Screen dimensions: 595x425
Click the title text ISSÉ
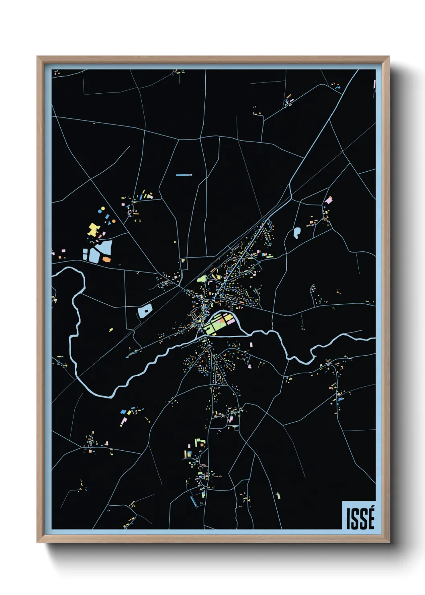[x=360, y=519]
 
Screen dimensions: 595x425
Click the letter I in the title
[x=349, y=519]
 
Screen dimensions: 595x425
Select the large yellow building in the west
[x=93, y=229]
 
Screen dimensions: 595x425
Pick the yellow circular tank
[x=103, y=209]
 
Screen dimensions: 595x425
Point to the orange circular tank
[x=114, y=222]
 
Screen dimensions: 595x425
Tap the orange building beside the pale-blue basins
[x=106, y=259]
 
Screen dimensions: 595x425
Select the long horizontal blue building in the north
[x=183, y=175]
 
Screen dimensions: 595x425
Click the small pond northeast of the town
[x=297, y=233]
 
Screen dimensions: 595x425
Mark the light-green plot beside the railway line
[x=202, y=278]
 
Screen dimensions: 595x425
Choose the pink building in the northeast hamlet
[x=329, y=200]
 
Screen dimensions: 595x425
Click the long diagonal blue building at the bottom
[x=194, y=501]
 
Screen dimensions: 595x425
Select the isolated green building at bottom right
[x=278, y=496]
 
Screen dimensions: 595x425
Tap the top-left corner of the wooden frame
[x=37, y=57]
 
